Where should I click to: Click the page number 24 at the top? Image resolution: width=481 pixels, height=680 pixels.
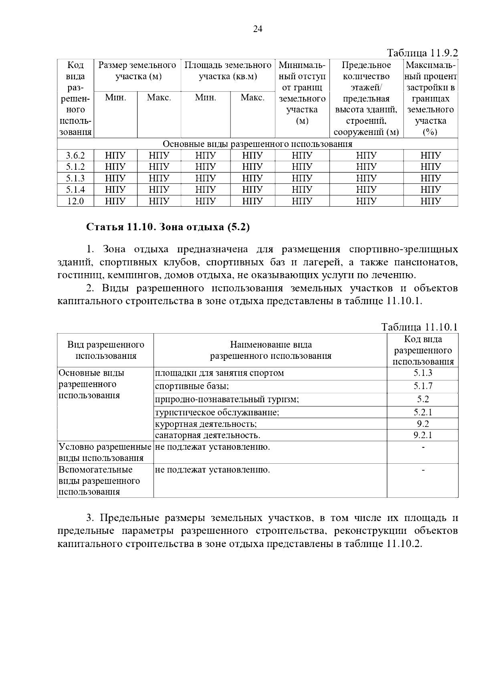[257, 29]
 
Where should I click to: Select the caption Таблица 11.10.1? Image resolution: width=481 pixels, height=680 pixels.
[419, 327]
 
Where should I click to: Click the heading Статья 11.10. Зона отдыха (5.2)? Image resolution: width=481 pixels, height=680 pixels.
[168, 227]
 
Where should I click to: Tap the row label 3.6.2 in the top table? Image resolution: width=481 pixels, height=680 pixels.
[75, 156]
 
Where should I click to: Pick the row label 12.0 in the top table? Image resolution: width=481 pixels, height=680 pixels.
[75, 201]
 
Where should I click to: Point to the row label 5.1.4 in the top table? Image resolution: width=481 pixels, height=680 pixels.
[75, 189]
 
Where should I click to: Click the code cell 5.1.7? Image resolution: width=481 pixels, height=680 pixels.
[422, 386]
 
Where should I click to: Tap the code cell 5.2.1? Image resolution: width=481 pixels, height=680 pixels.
[422, 412]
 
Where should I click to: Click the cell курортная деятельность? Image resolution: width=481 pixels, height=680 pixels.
[206, 424]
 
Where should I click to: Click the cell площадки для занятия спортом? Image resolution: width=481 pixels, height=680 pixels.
[219, 373]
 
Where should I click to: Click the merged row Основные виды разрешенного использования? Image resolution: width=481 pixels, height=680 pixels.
[257, 144]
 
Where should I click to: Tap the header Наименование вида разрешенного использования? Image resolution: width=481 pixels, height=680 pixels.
[271, 350]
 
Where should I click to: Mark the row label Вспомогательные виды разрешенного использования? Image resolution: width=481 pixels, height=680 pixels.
[99, 481]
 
